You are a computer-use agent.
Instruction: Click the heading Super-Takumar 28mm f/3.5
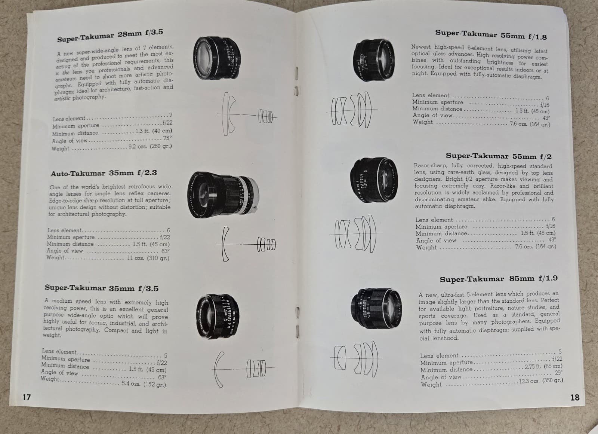click(x=110, y=36)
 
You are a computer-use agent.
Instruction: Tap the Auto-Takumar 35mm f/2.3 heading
click(x=104, y=173)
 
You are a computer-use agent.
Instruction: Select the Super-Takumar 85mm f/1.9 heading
click(x=499, y=279)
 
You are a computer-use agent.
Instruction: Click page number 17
click(x=26, y=397)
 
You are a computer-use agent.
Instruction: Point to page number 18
click(x=574, y=397)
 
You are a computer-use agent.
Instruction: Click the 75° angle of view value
click(x=167, y=138)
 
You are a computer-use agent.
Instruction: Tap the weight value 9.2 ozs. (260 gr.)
click(x=150, y=146)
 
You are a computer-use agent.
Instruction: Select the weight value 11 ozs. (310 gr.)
click(x=148, y=258)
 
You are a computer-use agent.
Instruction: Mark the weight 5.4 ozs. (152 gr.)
click(x=144, y=384)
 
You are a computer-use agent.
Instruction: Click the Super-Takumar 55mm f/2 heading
click(x=499, y=156)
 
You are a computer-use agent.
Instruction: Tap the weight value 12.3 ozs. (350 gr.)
click(x=541, y=381)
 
